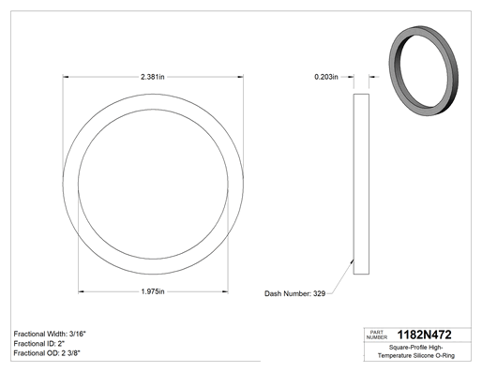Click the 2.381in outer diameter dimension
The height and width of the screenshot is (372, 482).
click(x=153, y=77)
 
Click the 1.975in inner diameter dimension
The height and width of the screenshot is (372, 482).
click(x=153, y=291)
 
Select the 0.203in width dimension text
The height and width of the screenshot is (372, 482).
click(x=326, y=77)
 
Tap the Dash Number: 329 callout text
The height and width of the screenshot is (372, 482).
click(x=294, y=293)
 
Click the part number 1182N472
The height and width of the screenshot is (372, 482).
click(x=424, y=335)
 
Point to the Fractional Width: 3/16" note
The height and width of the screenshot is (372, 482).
click(x=50, y=334)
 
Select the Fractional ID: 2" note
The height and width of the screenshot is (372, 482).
click(x=39, y=344)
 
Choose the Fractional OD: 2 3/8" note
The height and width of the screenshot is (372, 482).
click(x=47, y=353)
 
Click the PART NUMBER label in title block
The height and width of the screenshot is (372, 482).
click(x=377, y=335)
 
